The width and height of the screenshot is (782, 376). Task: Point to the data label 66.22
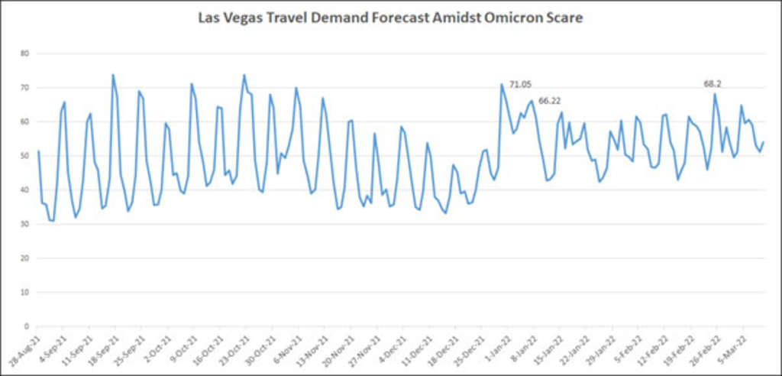coord(550,100)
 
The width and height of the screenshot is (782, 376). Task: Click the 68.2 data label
coord(714,84)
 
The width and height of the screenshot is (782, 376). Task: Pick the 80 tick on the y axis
coord(24,53)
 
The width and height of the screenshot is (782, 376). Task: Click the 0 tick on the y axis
coord(27,326)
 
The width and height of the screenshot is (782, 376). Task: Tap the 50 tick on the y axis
coord(24,156)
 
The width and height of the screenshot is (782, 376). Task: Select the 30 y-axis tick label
coord(24,224)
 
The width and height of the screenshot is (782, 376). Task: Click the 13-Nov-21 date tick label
coord(311,347)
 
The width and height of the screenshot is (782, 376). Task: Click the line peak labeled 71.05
coord(502,84)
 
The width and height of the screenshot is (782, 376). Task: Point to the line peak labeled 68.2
coord(715,94)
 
